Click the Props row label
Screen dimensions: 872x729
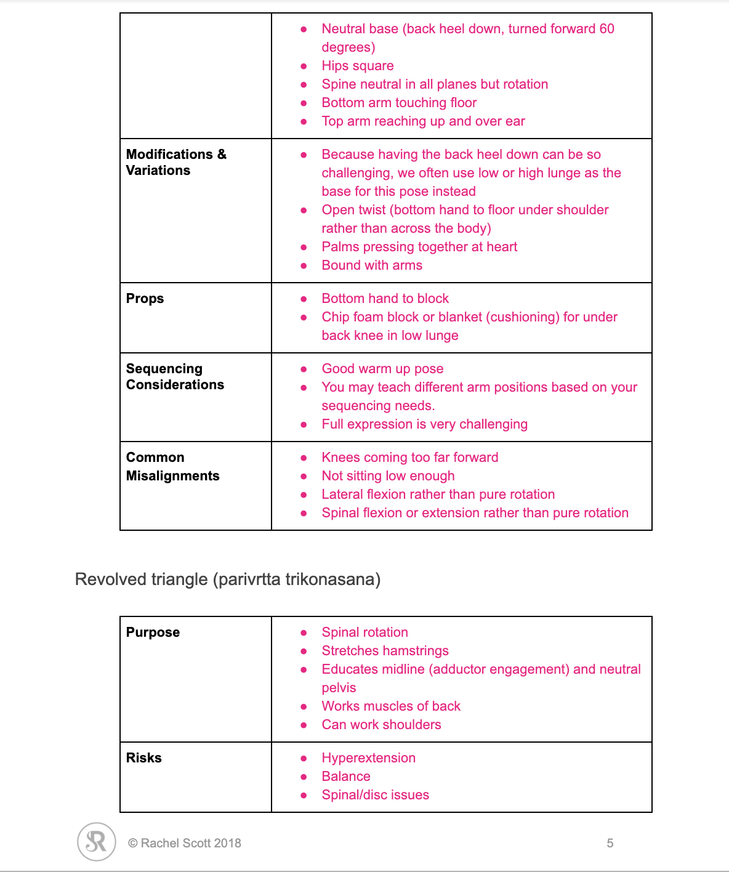[x=145, y=299]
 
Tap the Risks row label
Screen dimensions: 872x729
[x=143, y=758]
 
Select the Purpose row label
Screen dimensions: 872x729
[x=153, y=632]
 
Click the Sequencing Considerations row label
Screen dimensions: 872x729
[x=175, y=377]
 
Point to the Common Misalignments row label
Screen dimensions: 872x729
[x=172, y=467]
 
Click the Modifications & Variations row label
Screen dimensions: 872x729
[x=176, y=163]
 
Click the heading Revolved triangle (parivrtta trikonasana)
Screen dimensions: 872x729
[x=227, y=579]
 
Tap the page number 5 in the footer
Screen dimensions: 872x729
[x=610, y=843]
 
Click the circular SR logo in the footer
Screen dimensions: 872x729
[x=97, y=842]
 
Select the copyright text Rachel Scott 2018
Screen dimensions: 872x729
[x=185, y=843]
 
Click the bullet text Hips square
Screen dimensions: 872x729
[x=357, y=66]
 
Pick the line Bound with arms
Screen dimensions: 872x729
[x=372, y=265]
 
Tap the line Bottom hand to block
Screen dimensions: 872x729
[x=385, y=299]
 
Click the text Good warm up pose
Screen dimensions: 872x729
[x=382, y=369]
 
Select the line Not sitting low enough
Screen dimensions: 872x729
[x=388, y=476]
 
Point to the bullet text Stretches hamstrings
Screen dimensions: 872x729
[x=385, y=651]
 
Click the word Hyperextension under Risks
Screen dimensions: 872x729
[x=368, y=758]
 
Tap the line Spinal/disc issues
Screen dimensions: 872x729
[x=375, y=795]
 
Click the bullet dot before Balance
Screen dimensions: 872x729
[x=304, y=777]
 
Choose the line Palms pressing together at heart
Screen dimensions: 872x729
[x=419, y=247]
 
